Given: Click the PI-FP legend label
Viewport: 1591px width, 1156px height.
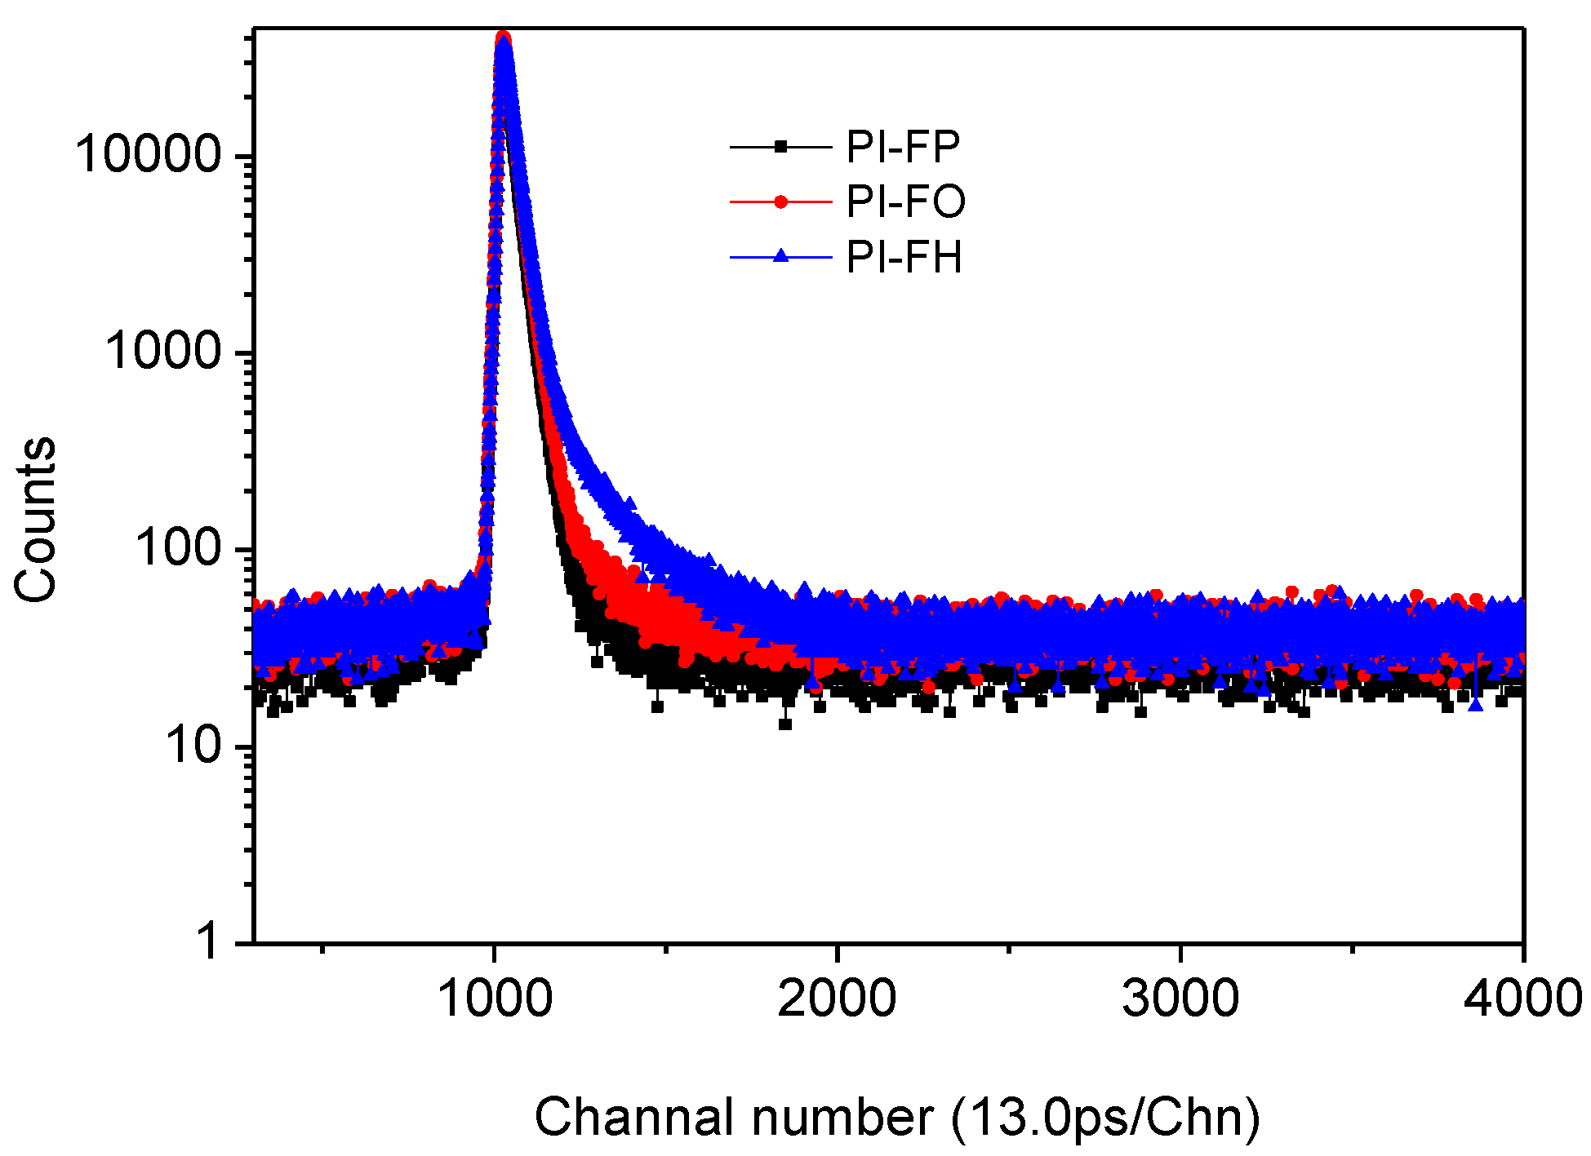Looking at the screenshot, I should pos(903,147).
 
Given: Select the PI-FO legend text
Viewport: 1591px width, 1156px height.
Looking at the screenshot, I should pos(905,202).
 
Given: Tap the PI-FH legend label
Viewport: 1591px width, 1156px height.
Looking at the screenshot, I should pos(904,257).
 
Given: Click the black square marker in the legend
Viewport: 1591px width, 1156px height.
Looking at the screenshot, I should pos(780,147).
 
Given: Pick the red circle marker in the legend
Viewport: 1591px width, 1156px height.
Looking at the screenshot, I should pos(780,202).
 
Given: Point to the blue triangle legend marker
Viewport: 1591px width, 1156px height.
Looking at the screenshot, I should pos(780,256).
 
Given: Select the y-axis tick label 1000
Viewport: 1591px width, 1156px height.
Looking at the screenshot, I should pos(162,352).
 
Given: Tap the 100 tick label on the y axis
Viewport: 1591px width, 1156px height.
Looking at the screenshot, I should pos(178,547).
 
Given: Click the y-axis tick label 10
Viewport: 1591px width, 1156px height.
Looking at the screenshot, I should pos(193,745).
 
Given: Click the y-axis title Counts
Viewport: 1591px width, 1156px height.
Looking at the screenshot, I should pos(36,520).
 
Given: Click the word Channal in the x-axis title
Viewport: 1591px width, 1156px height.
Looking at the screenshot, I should pos(633,1117).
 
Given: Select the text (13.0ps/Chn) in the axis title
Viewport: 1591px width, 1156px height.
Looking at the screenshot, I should pos(1105,1117).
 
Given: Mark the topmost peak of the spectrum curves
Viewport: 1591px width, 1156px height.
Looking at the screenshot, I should pos(504,38).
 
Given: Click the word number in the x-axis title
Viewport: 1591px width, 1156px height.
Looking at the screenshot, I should pos(842,1117).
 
